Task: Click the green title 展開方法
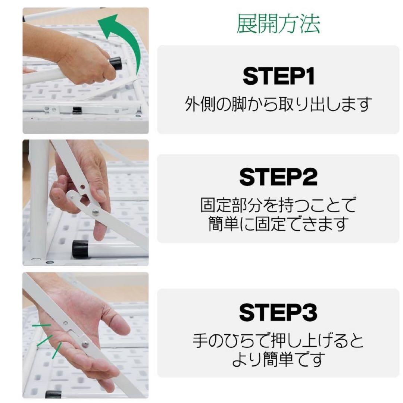tap(278, 25)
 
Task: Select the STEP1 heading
tap(279, 76)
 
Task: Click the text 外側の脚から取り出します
tap(278, 104)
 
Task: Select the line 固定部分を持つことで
tap(278, 205)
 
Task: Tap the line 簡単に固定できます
tap(278, 224)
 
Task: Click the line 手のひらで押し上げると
tap(278, 340)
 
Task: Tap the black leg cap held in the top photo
tap(116, 63)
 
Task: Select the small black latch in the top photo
tap(77, 110)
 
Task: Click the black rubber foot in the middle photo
tap(80, 249)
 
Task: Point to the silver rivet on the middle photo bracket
tap(96, 212)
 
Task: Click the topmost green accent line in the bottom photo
tap(41, 326)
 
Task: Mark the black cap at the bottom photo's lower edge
tap(53, 394)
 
